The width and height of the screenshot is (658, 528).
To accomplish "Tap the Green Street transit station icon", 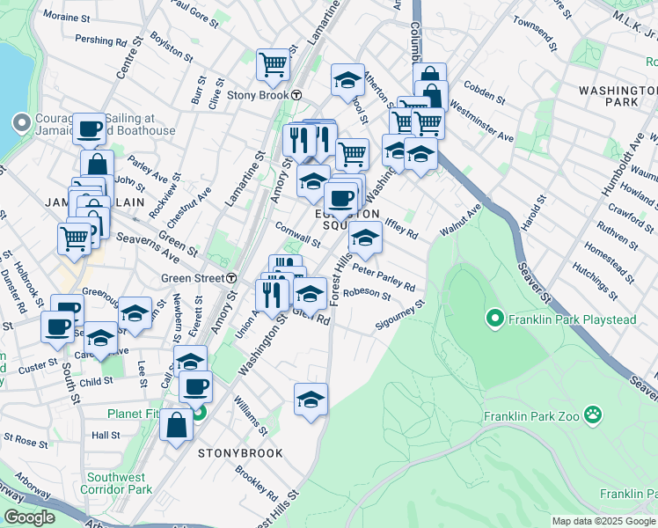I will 230,278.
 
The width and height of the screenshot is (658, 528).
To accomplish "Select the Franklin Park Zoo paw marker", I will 595,414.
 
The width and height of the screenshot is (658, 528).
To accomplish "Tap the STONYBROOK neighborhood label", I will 240,453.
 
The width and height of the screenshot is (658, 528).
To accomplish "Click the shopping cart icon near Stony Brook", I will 274,64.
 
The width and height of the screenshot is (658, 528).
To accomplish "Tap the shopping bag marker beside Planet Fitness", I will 177,424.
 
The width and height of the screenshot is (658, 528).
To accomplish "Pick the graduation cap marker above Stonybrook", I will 311,400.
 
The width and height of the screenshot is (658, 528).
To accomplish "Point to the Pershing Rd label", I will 101,40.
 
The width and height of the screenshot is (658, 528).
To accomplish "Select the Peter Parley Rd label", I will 384,276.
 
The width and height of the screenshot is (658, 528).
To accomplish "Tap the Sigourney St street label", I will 401,316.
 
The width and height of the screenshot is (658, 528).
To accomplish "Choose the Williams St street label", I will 252,415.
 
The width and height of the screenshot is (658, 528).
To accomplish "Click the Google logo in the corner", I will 29,517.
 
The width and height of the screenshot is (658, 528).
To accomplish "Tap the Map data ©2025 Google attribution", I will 603,521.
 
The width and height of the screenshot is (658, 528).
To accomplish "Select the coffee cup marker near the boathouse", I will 88,129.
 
